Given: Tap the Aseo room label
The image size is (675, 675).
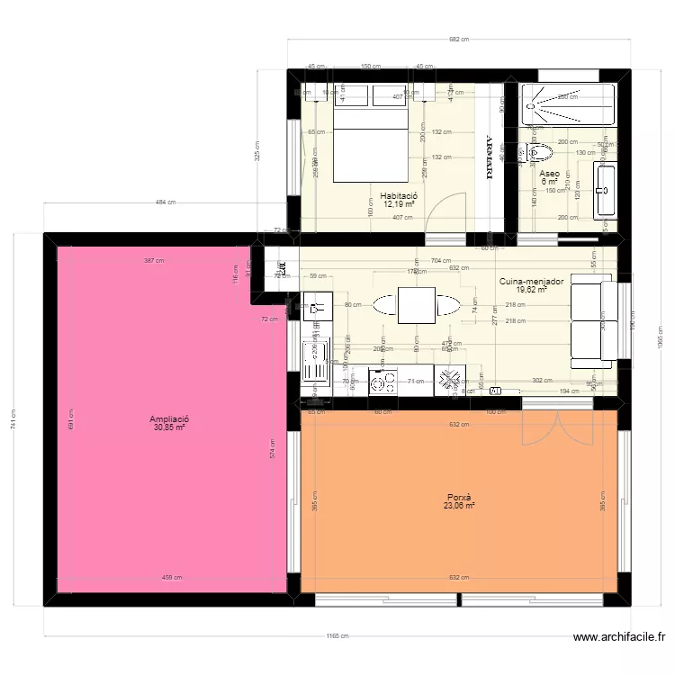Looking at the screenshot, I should point(549,173).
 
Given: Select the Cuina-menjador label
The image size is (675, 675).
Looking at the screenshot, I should point(531,281).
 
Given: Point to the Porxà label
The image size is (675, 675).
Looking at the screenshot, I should point(458,497).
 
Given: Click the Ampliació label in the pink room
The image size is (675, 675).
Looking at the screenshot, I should point(169,418).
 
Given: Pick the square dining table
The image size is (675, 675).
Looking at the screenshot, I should point(416,304).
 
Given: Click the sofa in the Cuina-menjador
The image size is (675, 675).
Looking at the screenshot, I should point(595,323).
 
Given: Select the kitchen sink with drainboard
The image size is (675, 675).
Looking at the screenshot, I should point(316,360).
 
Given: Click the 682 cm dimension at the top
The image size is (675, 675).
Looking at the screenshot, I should point(459,39).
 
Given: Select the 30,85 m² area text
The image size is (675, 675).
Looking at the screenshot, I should point(169,427).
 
